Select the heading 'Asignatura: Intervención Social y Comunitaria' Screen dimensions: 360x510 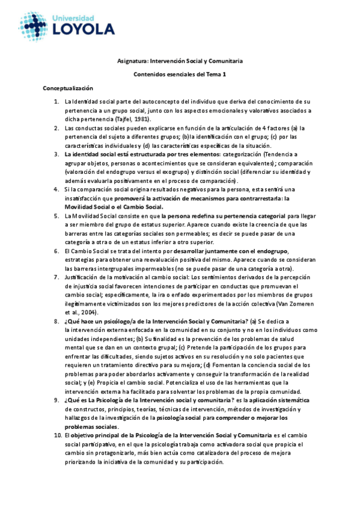point(180,61)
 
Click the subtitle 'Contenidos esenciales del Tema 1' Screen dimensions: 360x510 point(180,75)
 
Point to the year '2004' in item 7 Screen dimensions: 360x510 point(88,313)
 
